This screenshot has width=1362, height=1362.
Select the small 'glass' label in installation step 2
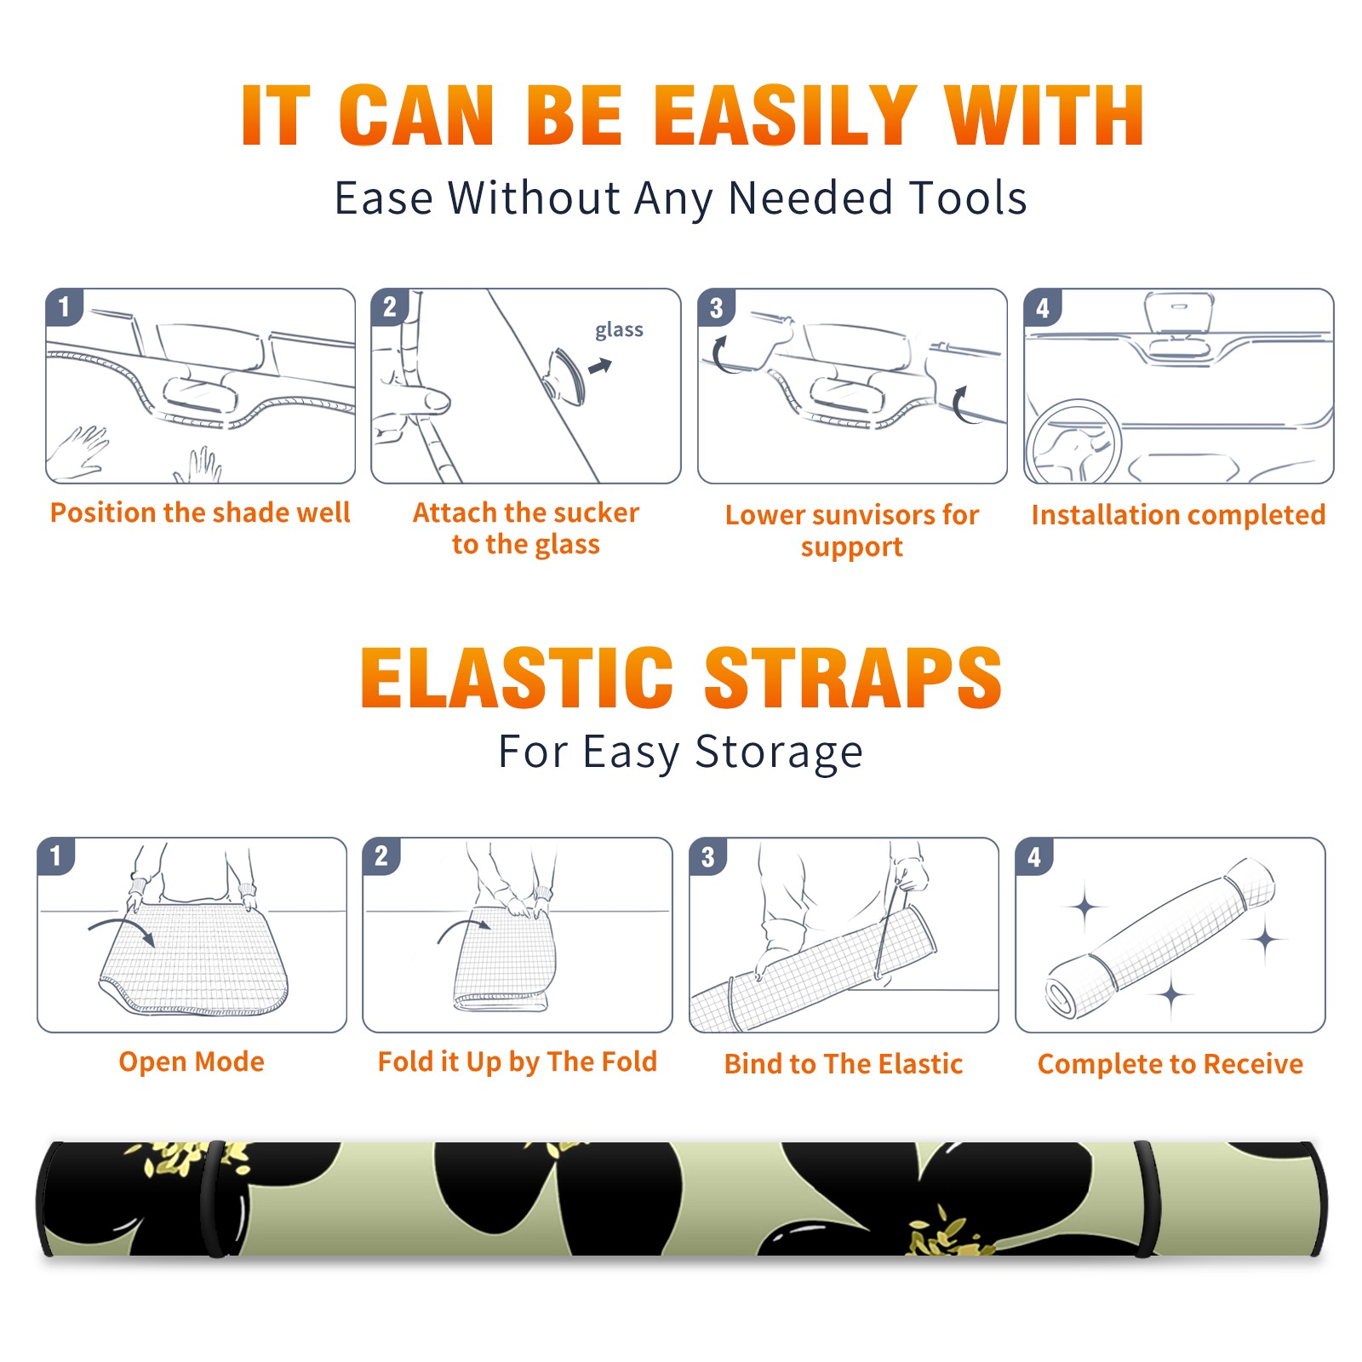tap(619, 330)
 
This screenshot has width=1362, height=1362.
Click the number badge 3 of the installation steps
tap(716, 307)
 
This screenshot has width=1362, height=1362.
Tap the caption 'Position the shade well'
tap(200, 512)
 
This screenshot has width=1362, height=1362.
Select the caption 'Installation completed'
tap(1178, 514)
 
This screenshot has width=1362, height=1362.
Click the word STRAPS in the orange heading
tap(853, 678)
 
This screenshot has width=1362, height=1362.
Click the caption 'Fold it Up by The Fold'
tap(518, 1062)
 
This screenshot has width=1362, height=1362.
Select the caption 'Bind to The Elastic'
tap(844, 1063)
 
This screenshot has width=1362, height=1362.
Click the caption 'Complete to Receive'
tap(1170, 1063)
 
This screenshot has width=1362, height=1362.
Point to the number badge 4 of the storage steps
tap(1034, 856)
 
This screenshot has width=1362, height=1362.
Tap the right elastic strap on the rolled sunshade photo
tap(1147, 1199)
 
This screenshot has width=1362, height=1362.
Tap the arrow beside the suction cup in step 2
tap(601, 366)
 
